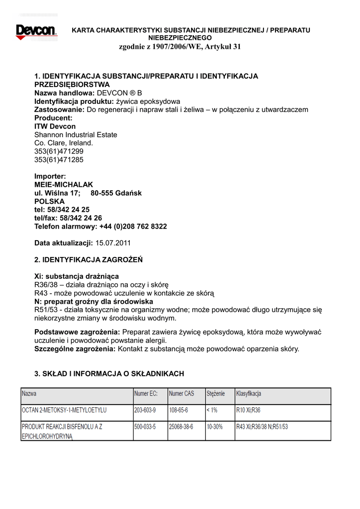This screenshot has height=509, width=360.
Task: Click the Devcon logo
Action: (37, 31)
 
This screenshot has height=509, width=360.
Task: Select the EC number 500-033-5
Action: (145, 427)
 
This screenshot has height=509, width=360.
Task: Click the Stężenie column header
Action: (216, 394)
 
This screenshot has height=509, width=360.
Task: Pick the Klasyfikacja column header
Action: (249, 394)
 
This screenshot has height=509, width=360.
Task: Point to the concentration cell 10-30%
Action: (215, 427)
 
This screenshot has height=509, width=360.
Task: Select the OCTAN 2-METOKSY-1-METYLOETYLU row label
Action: (64, 411)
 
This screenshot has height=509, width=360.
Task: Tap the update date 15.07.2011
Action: (113, 243)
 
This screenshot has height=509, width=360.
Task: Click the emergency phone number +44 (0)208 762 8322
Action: (133, 226)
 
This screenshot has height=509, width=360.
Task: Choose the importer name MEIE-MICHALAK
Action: (64, 184)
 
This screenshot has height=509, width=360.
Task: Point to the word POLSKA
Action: (49, 201)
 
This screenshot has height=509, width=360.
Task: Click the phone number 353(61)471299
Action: (59, 151)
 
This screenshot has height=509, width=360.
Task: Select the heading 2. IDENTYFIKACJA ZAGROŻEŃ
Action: (89, 259)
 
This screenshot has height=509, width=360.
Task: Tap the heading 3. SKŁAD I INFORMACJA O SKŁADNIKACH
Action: (109, 374)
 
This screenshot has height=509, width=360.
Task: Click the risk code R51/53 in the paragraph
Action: (44, 310)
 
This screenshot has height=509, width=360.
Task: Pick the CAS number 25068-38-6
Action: (181, 427)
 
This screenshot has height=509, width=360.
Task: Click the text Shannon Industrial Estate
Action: (76, 135)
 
